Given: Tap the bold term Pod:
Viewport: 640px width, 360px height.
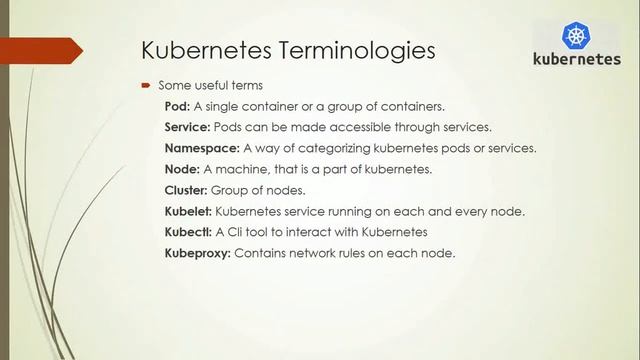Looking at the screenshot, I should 179,106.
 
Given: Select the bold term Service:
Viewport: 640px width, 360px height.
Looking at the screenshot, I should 187,127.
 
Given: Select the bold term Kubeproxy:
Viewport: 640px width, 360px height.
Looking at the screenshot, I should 197,253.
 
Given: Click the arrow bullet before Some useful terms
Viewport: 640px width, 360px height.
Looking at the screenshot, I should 145,86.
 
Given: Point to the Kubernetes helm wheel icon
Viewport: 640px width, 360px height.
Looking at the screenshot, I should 576,37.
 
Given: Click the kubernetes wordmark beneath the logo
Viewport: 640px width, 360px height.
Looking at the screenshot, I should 576,60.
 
